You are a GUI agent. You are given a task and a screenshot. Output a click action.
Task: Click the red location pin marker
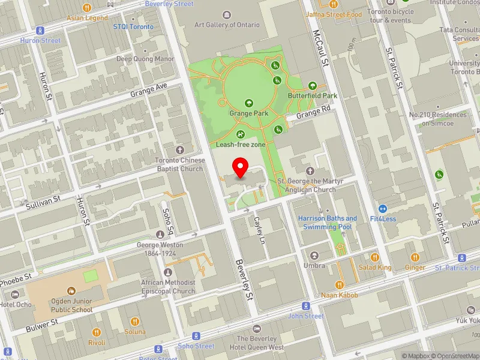241,167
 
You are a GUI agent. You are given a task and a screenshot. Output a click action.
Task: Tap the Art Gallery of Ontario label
227,25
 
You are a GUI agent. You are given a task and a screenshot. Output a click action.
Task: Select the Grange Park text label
248,113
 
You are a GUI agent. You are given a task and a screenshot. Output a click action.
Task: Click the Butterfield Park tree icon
312,86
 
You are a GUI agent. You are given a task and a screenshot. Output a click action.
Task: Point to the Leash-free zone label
241,145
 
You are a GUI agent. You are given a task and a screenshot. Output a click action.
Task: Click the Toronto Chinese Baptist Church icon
179,149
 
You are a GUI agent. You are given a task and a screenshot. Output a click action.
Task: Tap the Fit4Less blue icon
383,208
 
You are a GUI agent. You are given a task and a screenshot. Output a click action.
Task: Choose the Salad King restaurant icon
375,257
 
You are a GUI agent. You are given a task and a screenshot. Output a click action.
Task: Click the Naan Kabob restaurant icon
339,285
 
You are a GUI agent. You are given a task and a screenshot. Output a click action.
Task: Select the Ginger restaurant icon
415,257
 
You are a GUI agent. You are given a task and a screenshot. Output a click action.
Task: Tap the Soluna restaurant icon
135,321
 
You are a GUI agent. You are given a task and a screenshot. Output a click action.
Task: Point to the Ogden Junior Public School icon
71,291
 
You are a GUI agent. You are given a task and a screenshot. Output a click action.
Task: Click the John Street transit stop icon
306,305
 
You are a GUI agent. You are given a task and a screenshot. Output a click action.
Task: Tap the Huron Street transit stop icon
41,30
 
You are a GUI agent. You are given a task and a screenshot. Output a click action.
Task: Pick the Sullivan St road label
43,201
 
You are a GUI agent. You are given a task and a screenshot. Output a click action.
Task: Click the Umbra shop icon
314,255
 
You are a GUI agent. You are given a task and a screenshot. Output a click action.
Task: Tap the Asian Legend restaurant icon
87,8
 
